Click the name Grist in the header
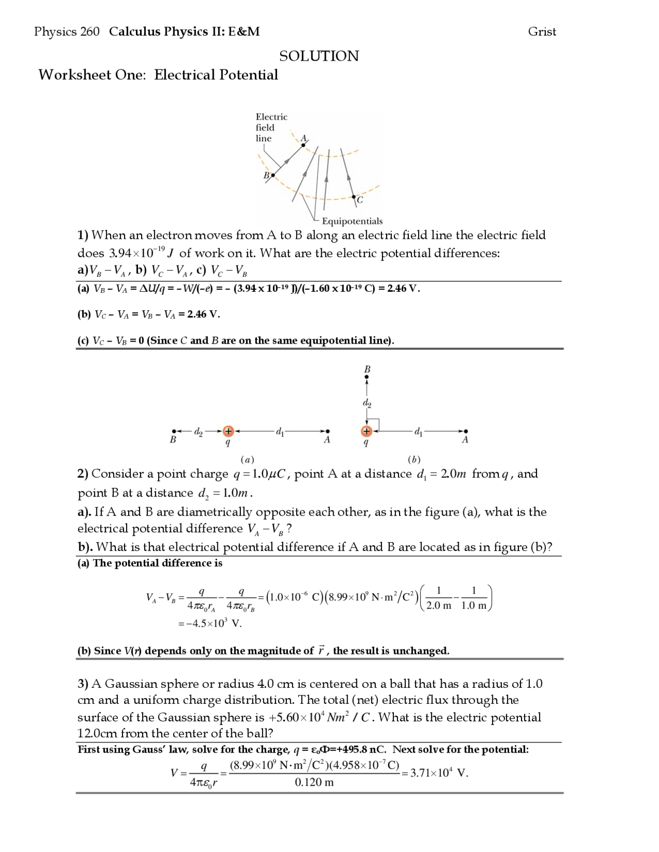click(542, 32)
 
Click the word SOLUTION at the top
click(319, 56)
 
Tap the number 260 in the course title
click(90, 32)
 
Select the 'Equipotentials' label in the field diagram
click(352, 221)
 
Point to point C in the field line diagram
click(354, 197)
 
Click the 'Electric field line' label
click(271, 128)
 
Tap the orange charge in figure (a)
click(228, 431)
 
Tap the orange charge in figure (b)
click(366, 431)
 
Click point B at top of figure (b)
click(367, 376)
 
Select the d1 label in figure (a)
click(280, 431)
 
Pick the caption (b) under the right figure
click(414, 459)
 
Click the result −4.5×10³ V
click(210, 624)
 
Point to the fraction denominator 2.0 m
click(439, 606)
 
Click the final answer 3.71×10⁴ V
click(439, 773)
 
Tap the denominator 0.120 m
click(314, 783)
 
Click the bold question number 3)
click(83, 684)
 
